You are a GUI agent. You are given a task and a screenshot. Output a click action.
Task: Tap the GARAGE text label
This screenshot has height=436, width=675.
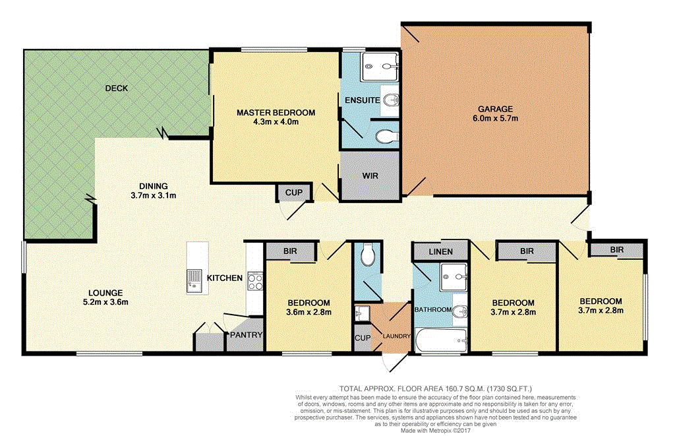click(x=495, y=109)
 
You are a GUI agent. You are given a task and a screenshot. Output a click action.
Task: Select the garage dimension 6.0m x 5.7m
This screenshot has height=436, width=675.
click(x=495, y=119)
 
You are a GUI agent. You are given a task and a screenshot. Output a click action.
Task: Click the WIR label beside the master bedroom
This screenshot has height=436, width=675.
click(x=369, y=176)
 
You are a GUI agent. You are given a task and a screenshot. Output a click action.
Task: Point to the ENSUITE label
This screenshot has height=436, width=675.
click(x=361, y=100)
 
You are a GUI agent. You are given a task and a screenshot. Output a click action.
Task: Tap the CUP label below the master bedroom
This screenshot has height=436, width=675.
click(x=293, y=193)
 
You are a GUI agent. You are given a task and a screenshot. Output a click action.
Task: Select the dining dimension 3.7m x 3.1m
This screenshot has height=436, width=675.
click(x=153, y=195)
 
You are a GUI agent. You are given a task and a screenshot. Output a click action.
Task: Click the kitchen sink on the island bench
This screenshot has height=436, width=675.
click(x=194, y=281)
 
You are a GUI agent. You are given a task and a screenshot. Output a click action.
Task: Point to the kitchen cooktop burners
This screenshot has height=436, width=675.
click(x=254, y=282)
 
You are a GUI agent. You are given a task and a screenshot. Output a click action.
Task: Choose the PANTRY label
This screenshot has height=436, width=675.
click(x=246, y=335)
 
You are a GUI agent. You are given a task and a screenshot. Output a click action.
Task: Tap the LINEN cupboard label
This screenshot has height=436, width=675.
click(x=440, y=252)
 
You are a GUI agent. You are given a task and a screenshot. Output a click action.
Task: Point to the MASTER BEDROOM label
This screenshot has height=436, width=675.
click(x=276, y=113)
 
